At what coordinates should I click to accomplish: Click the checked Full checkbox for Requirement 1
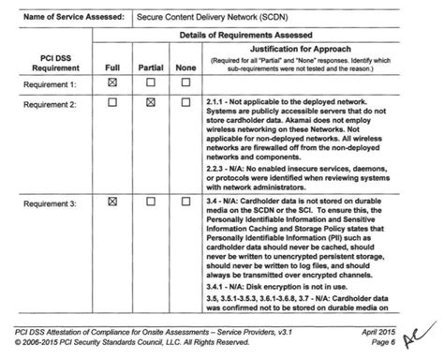pyautogui.click(x=111, y=83)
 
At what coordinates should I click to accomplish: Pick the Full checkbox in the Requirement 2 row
pyautogui.click(x=111, y=101)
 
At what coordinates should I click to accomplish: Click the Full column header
pyautogui.click(x=111, y=67)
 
